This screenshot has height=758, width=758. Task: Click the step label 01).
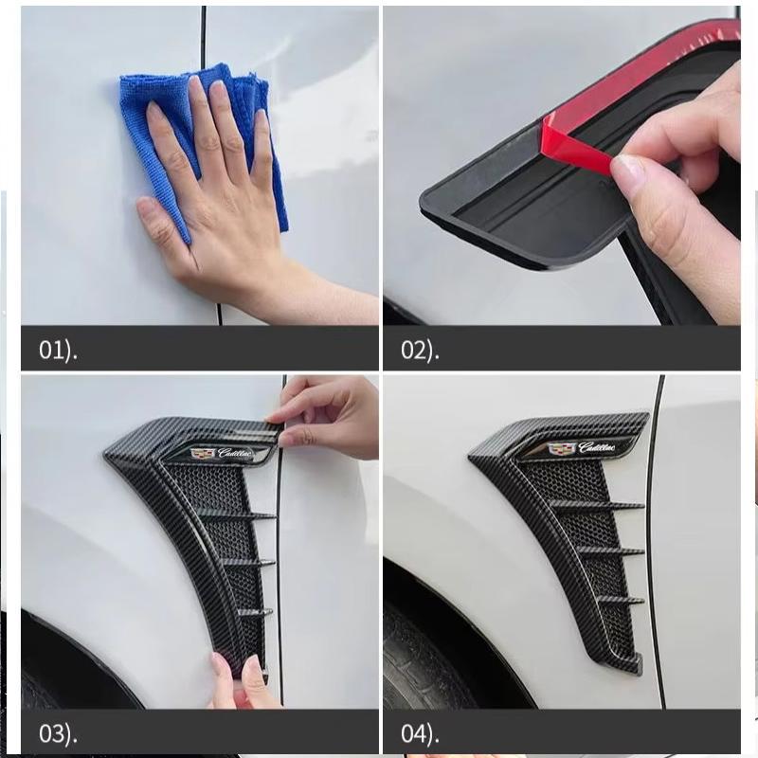click(x=58, y=350)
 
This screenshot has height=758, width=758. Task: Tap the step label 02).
click(x=420, y=350)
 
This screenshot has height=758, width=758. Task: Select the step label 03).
click(x=58, y=733)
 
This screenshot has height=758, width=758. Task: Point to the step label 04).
click(x=420, y=733)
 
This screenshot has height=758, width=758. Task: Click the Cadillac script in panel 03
click(x=236, y=453)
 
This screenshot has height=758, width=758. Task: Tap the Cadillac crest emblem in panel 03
click(x=203, y=454)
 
